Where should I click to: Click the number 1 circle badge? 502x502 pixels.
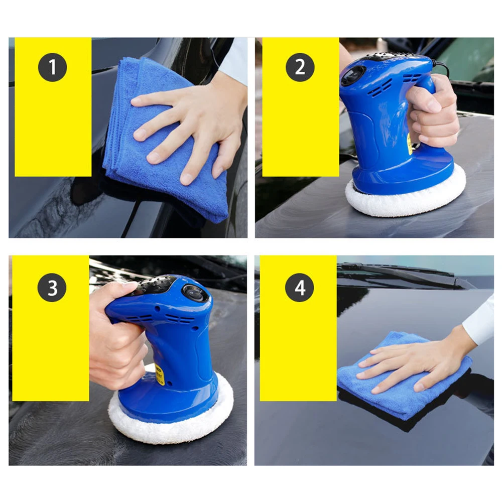point(53,67)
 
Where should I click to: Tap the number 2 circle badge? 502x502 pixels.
point(300,67)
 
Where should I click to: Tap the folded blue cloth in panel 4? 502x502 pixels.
point(382,397)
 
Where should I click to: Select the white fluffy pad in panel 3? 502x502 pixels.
point(171,427)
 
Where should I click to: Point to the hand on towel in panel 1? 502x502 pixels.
point(191,125)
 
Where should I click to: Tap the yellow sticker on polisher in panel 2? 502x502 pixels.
point(410,146)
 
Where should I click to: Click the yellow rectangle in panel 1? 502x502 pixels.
point(53,131)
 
